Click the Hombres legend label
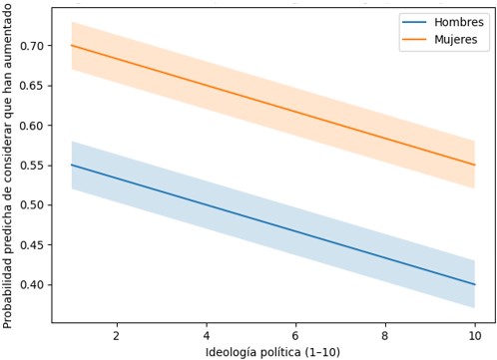459,22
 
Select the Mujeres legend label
456,40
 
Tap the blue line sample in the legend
414,22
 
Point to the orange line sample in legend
414,39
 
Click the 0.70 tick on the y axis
31,46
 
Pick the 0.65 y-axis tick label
31,86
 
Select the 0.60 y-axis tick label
31,126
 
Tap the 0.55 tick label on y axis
31,166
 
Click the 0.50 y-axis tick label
31,205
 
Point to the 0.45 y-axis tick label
31,245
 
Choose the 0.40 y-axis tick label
31,285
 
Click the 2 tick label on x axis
117,336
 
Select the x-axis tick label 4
207,336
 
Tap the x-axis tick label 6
295,336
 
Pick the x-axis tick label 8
385,336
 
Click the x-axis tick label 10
475,336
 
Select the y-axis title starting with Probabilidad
8,166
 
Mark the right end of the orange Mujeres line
475,165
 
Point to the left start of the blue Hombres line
72,165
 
